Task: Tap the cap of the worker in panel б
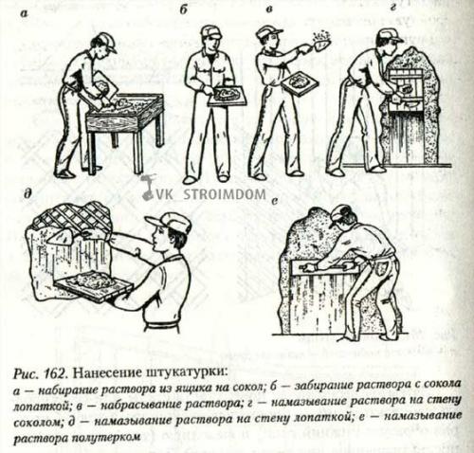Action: point(210,31)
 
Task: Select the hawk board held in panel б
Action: point(227,96)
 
